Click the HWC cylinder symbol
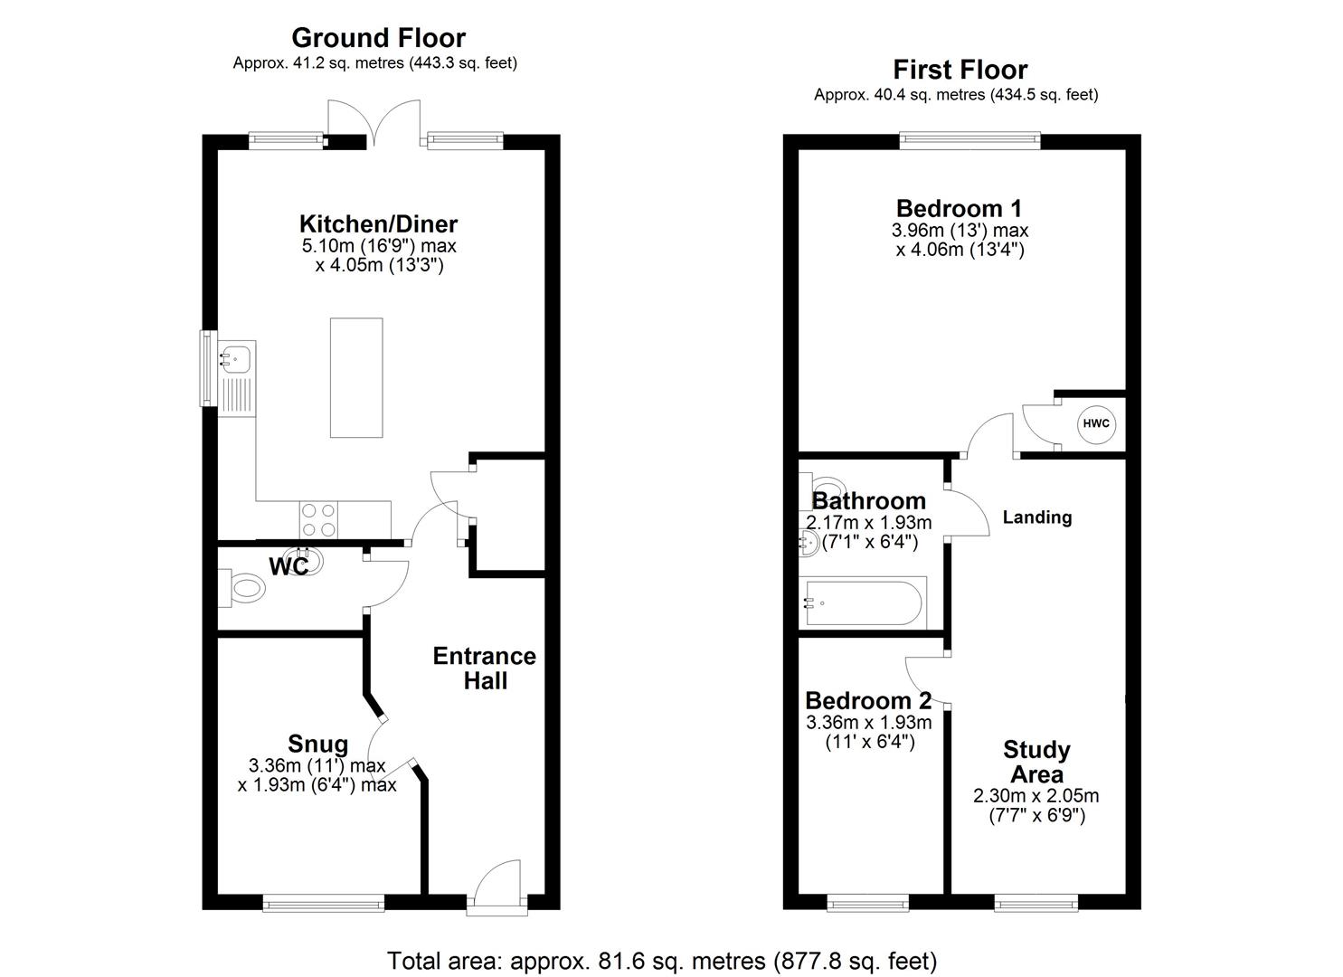pyautogui.click(x=1096, y=423)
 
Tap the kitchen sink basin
pyautogui.click(x=237, y=359)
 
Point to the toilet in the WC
pyautogui.click(x=243, y=588)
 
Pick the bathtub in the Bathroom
pyautogui.click(x=863, y=603)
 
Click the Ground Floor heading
pyautogui.click(x=378, y=38)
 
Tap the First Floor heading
pyautogui.click(x=960, y=70)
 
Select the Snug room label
pyautogui.click(x=317, y=745)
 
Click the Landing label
pyautogui.click(x=1037, y=517)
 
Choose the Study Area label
pyautogui.click(x=1036, y=763)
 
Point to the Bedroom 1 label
pyautogui.click(x=959, y=208)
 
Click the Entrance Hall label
pyautogui.click(x=485, y=669)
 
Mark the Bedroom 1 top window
pyautogui.click(x=969, y=139)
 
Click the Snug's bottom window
pyautogui.click(x=323, y=902)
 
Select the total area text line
pyautogui.click(x=662, y=960)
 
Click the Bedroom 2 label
pyautogui.click(x=868, y=701)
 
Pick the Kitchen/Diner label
pyautogui.click(x=379, y=223)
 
